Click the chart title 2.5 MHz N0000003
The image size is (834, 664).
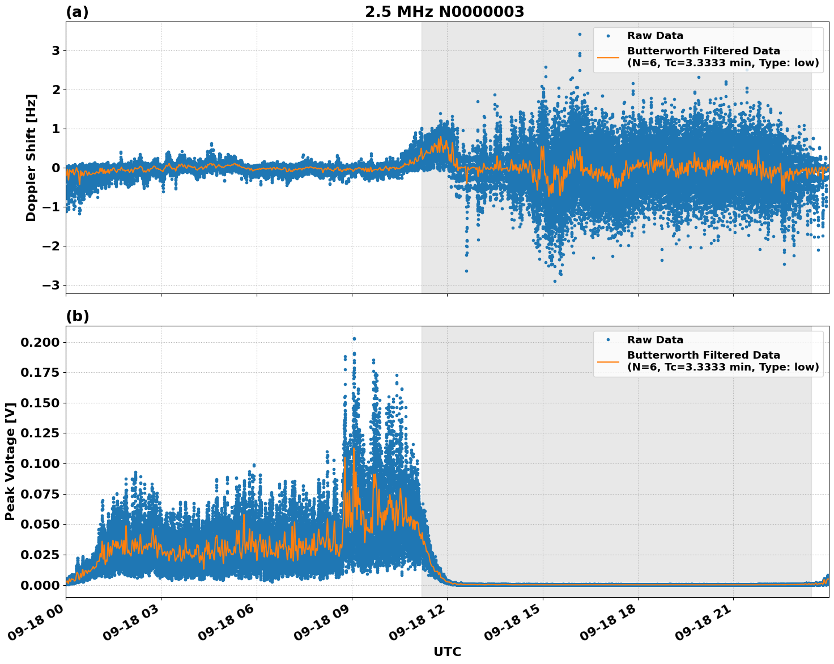point(444,12)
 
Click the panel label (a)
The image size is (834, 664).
point(77,12)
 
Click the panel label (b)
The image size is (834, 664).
point(77,316)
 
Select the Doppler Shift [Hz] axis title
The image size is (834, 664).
point(31,158)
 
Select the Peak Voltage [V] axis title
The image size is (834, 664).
point(10,462)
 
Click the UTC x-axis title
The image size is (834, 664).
point(447,652)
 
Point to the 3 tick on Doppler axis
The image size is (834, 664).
point(56,51)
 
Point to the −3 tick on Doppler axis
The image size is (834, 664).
point(51,285)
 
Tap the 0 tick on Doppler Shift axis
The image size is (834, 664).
point(56,168)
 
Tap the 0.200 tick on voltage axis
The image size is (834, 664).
point(39,342)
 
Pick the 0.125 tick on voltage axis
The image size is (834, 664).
point(39,433)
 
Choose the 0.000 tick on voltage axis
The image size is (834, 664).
point(39,585)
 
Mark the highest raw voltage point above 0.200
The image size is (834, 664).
point(354,339)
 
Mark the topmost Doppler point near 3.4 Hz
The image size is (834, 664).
point(580,34)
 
